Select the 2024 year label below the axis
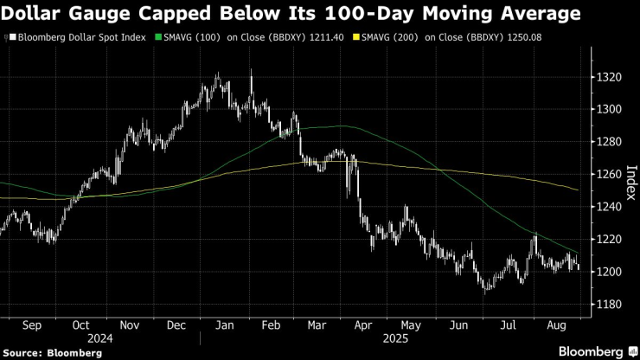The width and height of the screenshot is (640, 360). [x=80, y=339]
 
